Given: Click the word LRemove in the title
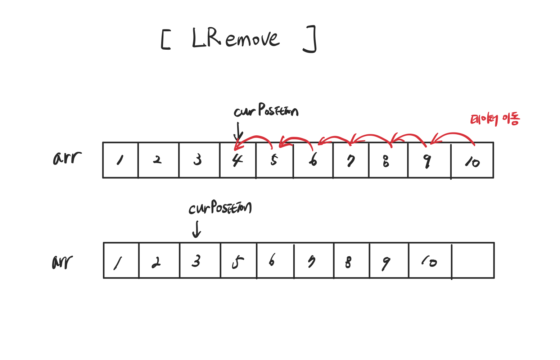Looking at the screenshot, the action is tap(236, 38).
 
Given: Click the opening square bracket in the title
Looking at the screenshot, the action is tap(165, 40).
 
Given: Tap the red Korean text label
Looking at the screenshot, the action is tap(495, 119).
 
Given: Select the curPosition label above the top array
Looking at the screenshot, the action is tap(266, 111).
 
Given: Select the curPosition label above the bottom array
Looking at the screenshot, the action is tap(220, 208).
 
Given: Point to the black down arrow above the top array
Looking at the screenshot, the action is tap(238, 132).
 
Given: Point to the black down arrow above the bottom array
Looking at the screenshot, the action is tap(196, 229).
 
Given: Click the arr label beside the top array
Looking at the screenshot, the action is tap(67, 158).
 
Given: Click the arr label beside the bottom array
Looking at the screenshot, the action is tap(63, 262).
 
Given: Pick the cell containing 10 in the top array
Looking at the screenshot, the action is tap(472, 160).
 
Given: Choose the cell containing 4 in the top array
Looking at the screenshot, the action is tap(238, 160).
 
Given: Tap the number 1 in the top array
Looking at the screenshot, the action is tap(120, 160).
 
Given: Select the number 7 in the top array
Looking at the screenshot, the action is tap(351, 161).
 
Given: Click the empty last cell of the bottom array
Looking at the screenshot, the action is tap(473, 260).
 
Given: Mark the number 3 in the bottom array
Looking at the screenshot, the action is tap(196, 261).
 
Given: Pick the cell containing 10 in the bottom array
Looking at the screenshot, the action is tap(430, 260).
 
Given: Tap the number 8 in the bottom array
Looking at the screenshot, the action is tap(348, 262).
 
